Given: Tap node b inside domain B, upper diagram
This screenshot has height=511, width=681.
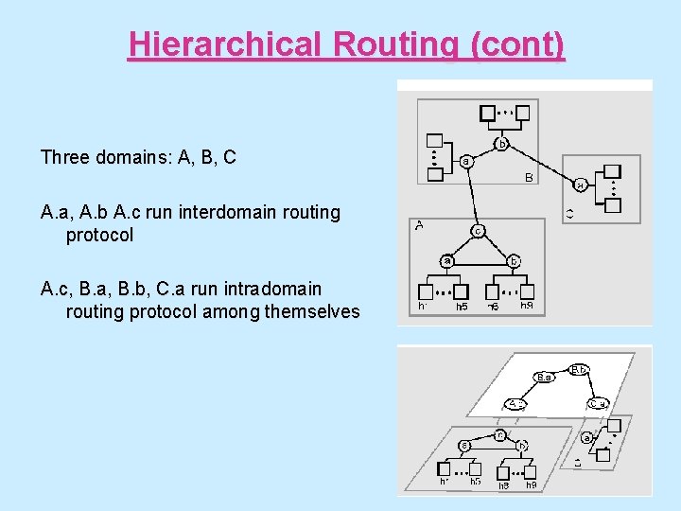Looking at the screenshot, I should coord(502,144).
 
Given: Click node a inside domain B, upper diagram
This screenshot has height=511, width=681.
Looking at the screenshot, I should coord(466,162).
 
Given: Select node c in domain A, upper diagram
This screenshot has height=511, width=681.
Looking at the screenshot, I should coord(479,230).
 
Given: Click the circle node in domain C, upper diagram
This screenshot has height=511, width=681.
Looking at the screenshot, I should coord(581,185).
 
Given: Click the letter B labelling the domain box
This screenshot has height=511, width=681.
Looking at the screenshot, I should coord(529,177).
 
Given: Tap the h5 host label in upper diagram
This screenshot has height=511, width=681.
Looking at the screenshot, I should coord(462,307).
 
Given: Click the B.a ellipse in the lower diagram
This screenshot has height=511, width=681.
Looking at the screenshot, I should coord(544,378).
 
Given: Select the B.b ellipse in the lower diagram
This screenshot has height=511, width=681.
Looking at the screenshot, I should coord(580,369).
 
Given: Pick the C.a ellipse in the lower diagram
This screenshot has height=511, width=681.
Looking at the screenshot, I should coord(598,404).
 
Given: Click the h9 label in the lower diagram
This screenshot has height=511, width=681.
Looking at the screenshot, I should coord(531,485).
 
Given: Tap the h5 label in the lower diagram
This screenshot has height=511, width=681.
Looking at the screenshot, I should coord(476,482).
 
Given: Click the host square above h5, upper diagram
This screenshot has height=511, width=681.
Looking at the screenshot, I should coord(461,291).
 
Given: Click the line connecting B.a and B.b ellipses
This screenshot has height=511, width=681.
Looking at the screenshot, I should coord(563,372).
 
